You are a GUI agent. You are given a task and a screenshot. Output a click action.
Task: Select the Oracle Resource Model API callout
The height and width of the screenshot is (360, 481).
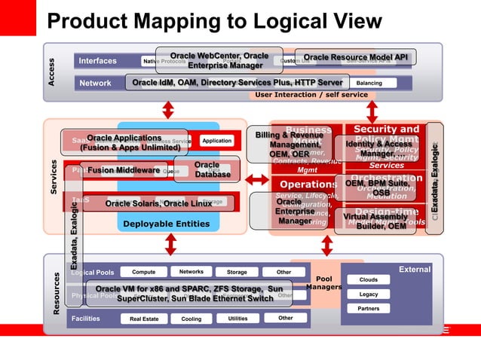[x=355, y=57]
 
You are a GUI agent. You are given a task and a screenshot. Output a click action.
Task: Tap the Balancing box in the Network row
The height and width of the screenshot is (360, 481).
[x=369, y=83]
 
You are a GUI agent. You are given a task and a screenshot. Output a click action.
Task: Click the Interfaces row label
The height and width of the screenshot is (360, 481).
[x=98, y=61]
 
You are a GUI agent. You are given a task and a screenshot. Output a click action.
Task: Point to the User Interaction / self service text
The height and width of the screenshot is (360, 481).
[x=311, y=95]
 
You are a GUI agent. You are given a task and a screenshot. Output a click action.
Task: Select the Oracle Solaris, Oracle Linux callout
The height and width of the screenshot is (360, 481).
[x=158, y=203]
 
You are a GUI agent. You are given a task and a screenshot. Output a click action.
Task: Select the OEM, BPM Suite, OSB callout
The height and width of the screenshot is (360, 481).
[x=378, y=188]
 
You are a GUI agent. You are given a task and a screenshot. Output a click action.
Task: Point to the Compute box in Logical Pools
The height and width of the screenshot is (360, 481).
[x=143, y=272]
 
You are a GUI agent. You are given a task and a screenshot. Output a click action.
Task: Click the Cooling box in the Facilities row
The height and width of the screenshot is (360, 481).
[x=186, y=319]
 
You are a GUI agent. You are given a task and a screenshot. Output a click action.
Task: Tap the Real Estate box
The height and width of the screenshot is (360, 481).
[x=144, y=319]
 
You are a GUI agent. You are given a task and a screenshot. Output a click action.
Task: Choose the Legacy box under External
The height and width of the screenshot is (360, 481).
[x=369, y=294]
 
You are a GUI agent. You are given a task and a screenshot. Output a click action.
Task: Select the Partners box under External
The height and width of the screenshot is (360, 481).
[x=369, y=309]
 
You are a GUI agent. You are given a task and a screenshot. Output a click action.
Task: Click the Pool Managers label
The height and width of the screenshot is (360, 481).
[x=324, y=282]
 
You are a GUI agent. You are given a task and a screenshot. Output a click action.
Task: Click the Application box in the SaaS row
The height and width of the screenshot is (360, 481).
[x=217, y=141]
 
